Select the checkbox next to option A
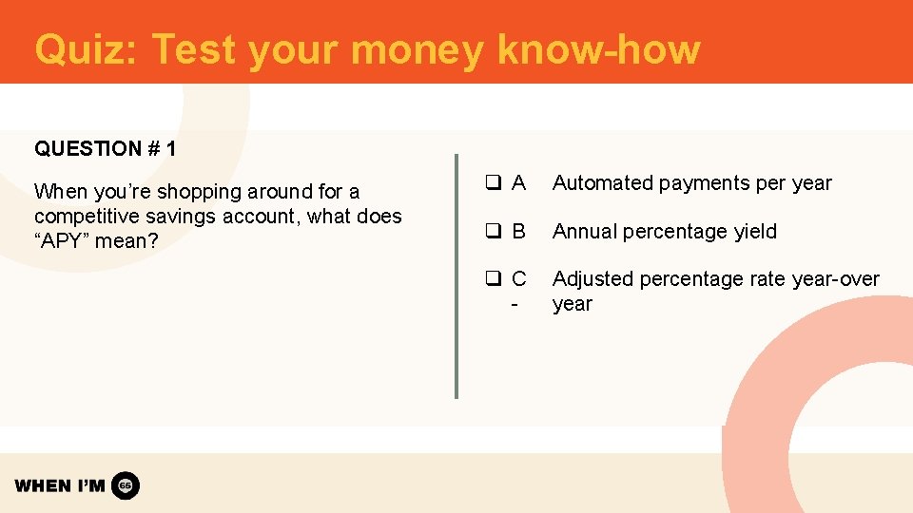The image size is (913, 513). tap(493, 183)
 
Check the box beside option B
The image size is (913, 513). tap(493, 232)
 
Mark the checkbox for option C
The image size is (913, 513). tap(493, 279)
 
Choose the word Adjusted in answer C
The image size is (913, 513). tap(592, 279)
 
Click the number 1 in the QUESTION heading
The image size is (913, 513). tap(170, 149)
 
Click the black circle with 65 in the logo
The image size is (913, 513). tap(126, 485)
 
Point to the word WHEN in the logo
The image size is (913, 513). tap(43, 485)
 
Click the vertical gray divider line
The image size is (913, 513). tap(456, 275)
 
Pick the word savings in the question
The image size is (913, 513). tap(184, 217)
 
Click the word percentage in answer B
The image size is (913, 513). tap(665, 232)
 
